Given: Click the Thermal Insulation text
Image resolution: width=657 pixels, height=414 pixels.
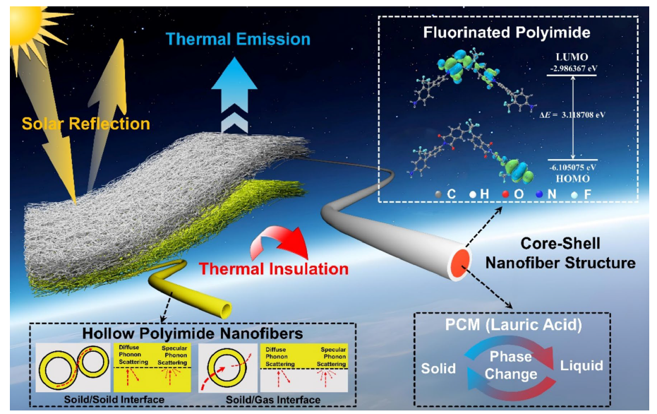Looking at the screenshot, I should pyautogui.click(x=274, y=269).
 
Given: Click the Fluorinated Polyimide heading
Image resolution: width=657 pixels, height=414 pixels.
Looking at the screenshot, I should pyautogui.click(x=507, y=33).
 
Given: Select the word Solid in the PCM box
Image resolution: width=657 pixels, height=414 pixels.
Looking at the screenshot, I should pyautogui.click(x=438, y=368).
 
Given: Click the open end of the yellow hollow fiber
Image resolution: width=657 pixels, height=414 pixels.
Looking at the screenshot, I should pyautogui.click(x=227, y=309).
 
